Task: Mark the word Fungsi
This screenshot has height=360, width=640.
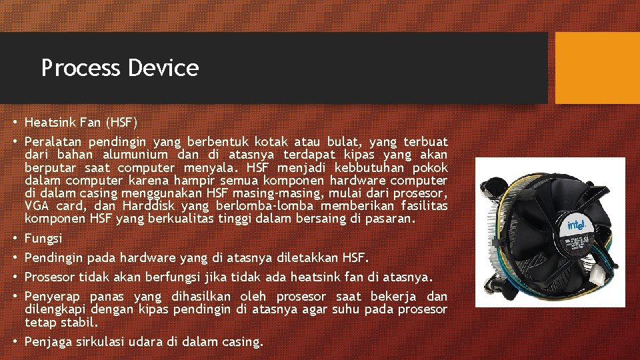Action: (x=43, y=238)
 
